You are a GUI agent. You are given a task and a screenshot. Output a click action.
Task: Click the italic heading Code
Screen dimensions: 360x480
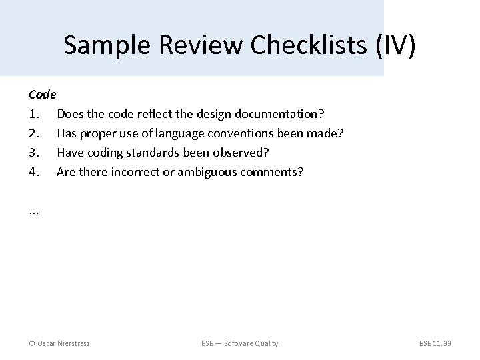coord(43,95)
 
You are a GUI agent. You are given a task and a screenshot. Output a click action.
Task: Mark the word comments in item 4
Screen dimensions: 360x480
coord(275,172)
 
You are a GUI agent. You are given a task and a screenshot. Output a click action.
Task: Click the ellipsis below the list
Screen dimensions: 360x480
coord(34,211)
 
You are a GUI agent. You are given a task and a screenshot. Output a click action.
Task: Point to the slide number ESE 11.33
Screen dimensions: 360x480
coord(434,343)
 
